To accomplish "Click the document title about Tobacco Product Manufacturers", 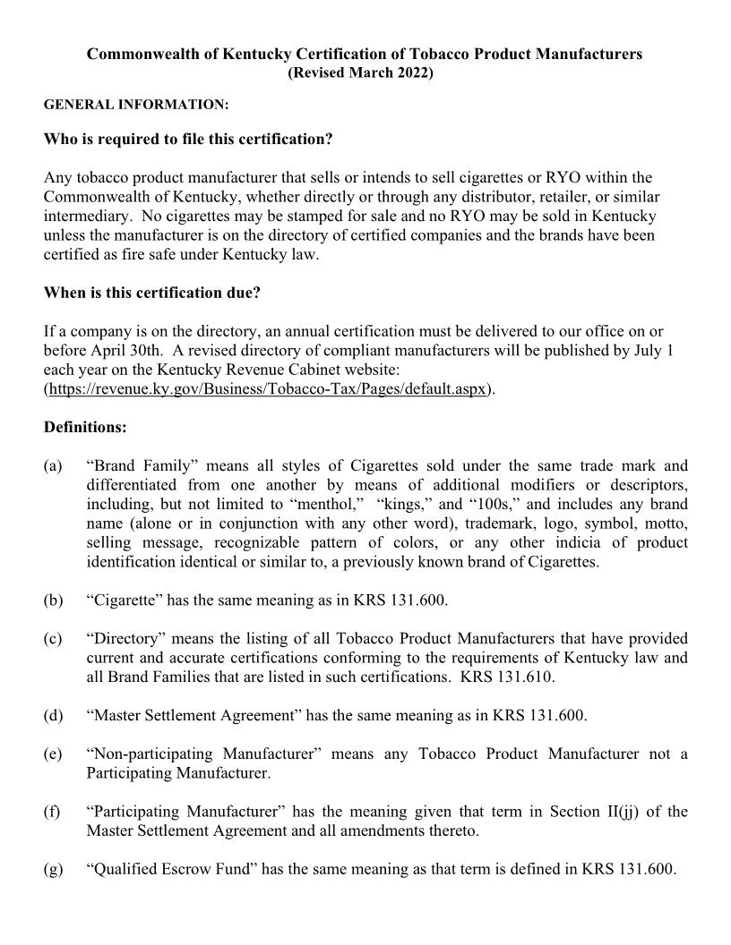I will [365, 54].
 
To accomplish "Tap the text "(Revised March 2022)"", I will [359, 72].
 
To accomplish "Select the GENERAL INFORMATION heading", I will [136, 106].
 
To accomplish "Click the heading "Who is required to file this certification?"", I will [188, 140].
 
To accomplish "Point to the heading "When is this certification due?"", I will [152, 293].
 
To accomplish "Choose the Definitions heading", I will [85, 427].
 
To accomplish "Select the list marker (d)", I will [53, 715].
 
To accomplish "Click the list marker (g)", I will [53, 869].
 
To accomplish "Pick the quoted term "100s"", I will [491, 504].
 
